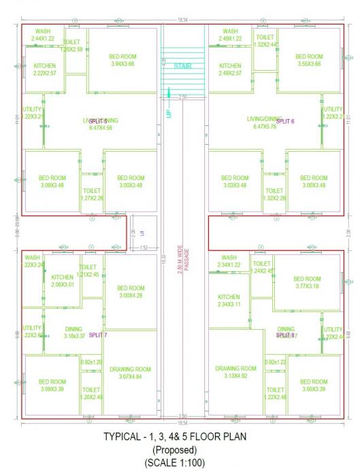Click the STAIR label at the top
click(182, 66)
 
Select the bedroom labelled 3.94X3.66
click(122, 61)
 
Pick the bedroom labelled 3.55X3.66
click(309, 61)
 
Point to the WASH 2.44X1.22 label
click(42, 35)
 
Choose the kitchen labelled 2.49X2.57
click(230, 69)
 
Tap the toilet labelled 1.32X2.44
click(265, 41)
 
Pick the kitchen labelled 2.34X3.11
click(229, 301)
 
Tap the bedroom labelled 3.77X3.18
click(307, 282)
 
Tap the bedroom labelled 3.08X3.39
click(52, 386)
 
